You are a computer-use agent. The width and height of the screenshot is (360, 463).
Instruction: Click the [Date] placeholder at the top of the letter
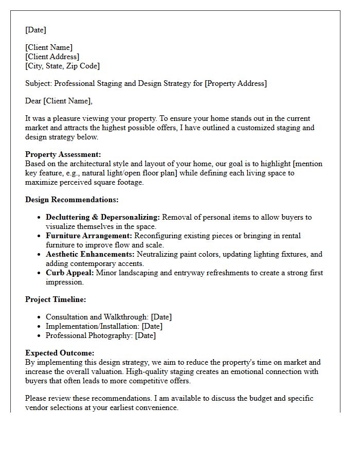[x=35, y=30]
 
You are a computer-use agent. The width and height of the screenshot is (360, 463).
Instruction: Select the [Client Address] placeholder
[x=52, y=57]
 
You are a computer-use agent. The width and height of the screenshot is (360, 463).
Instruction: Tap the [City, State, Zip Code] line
[x=62, y=66]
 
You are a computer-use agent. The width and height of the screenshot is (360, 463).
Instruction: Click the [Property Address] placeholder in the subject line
[x=236, y=83]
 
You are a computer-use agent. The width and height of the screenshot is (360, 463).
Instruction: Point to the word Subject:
[x=39, y=83]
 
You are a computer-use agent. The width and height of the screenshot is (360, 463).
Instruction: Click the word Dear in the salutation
[x=33, y=101]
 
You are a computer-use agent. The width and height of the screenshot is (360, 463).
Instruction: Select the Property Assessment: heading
[x=63, y=154]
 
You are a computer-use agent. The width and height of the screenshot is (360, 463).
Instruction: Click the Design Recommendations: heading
[x=71, y=200]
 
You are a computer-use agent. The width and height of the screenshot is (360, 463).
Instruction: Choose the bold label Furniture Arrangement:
[x=89, y=236]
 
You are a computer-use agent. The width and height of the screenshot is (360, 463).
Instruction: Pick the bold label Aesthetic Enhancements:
[x=90, y=254]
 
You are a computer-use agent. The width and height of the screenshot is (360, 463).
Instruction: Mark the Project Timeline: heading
[x=56, y=299]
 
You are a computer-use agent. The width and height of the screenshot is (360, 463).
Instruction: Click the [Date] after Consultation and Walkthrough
[x=161, y=317]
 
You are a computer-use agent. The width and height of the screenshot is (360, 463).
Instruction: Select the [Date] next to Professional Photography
[x=145, y=335]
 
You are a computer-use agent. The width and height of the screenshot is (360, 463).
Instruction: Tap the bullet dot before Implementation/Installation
[x=39, y=326]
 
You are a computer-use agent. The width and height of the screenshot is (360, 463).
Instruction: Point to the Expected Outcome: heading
[x=60, y=353]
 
